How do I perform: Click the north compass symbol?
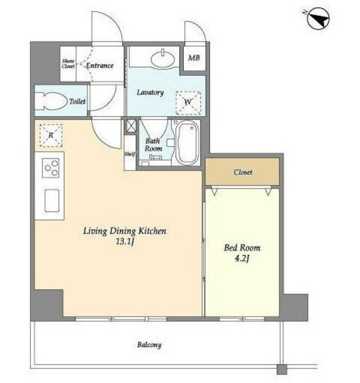click(x=318, y=19)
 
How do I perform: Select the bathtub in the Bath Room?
click(x=187, y=142)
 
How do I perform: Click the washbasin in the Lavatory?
click(x=163, y=59)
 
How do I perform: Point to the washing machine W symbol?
click(x=188, y=103)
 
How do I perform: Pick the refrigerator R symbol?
click(x=51, y=135)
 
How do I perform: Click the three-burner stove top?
click(x=51, y=168)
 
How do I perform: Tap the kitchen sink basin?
click(x=52, y=200)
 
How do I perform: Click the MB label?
click(x=194, y=58)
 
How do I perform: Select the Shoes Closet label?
click(x=68, y=63)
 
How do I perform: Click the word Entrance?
click(x=100, y=65)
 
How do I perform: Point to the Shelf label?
click(x=129, y=154)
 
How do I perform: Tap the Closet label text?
click(x=243, y=172)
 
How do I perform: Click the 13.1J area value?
click(x=125, y=242)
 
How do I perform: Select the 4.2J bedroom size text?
click(x=241, y=259)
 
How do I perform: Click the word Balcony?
click(x=149, y=345)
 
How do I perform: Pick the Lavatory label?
click(x=150, y=92)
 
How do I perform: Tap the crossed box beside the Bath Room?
click(x=131, y=126)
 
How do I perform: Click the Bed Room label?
click(x=242, y=248)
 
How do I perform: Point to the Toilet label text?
click(x=77, y=101)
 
